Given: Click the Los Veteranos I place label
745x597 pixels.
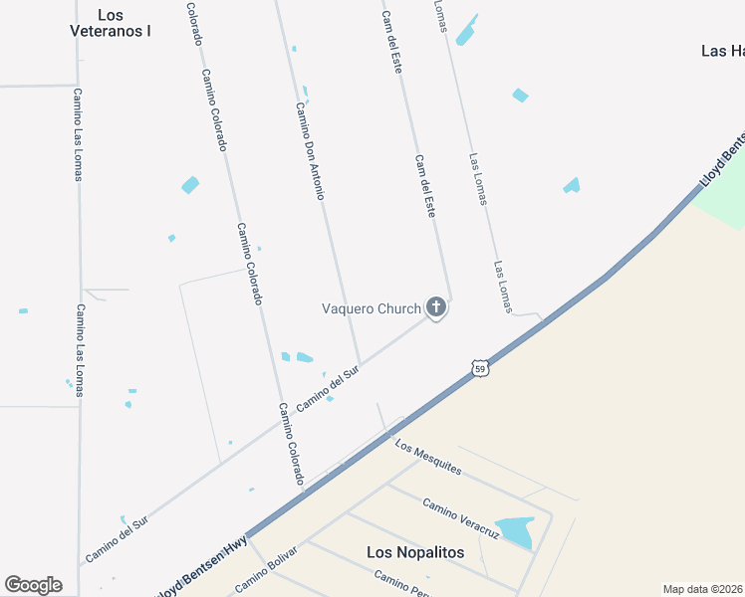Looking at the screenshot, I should tap(111, 23).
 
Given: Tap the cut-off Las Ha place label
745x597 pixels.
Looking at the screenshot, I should tap(722, 51).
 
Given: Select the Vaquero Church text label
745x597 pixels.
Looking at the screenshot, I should tap(371, 308).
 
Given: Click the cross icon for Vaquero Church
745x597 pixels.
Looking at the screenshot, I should tap(435, 308).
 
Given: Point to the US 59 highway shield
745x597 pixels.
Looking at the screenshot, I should tap(480, 368).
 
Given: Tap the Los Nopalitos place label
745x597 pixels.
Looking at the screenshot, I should tap(415, 552).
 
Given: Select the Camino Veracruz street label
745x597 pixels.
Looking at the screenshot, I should tap(459, 518).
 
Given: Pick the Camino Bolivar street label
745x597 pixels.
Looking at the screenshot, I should tap(266, 568).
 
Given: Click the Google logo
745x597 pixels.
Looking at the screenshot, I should tap(33, 584).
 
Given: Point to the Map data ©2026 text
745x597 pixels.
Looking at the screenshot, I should tap(702, 589).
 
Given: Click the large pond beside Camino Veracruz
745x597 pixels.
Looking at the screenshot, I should tap(515, 531).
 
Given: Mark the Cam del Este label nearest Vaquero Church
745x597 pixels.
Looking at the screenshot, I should tap(425, 186).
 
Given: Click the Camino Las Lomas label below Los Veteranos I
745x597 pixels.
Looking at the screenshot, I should tap(78, 134).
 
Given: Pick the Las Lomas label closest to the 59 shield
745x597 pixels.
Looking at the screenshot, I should tap(502, 288).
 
